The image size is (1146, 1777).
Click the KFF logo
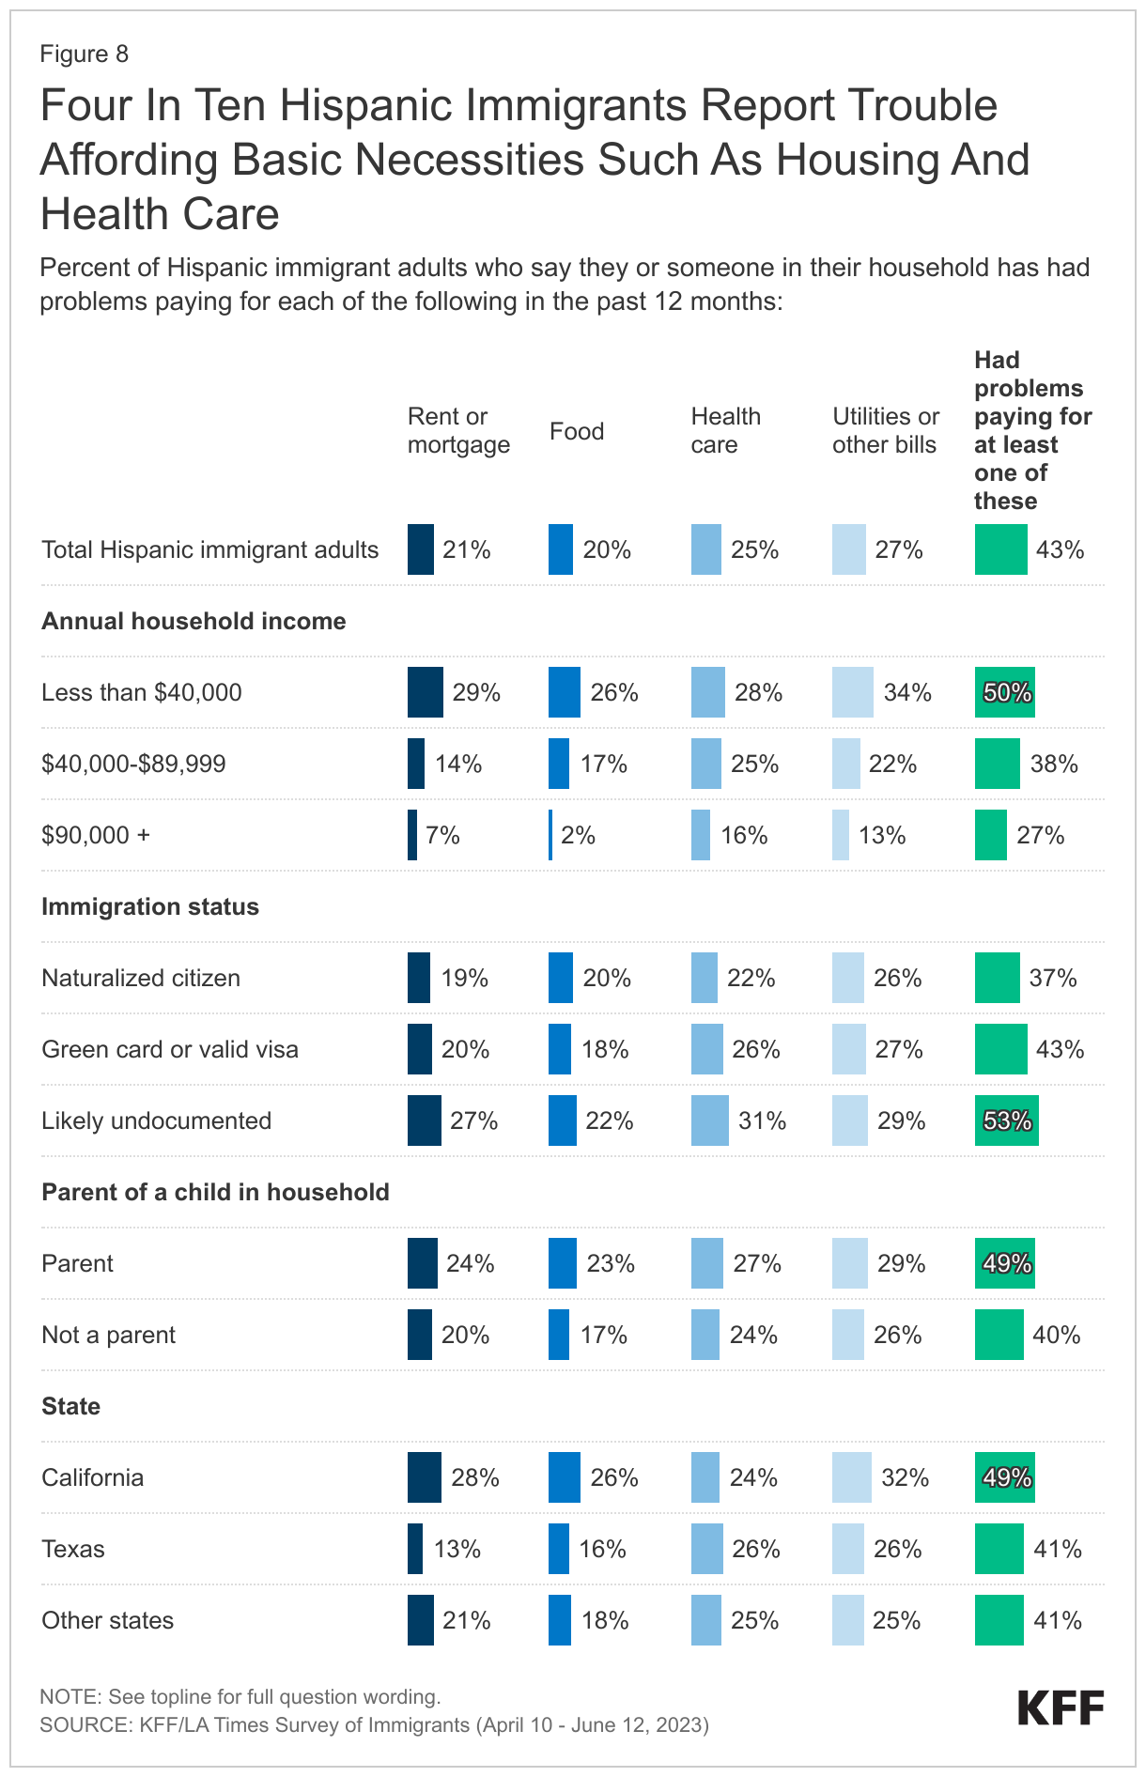click(1061, 1708)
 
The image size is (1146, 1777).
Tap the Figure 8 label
click(85, 54)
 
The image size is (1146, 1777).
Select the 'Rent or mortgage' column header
click(458, 430)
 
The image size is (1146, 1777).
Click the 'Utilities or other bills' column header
click(885, 430)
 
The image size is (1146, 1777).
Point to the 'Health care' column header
click(725, 430)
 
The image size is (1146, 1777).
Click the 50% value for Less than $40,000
click(1007, 693)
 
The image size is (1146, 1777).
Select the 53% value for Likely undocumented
click(1007, 1121)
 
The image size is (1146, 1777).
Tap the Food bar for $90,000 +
click(550, 835)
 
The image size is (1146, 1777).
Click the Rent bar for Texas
click(415, 1549)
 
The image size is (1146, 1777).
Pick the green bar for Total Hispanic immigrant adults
click(1001, 549)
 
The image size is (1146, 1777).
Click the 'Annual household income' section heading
click(194, 622)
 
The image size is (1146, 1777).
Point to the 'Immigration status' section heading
click(150, 907)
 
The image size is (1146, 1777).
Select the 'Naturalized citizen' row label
click(141, 979)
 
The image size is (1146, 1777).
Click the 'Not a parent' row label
click(108, 1336)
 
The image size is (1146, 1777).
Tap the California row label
click(92, 1478)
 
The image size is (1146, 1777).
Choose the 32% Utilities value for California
click(905, 1478)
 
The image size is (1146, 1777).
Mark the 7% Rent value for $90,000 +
click(442, 836)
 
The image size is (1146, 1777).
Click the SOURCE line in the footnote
click(374, 1724)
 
